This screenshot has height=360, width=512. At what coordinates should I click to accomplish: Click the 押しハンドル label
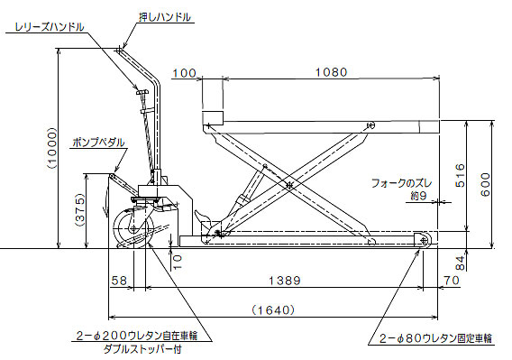pos(165,17)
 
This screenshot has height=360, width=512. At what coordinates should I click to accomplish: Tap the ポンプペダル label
pos(98,143)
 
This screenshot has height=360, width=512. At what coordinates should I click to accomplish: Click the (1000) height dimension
pos(52,148)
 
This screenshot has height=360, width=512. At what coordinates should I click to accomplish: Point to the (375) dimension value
pos(80,210)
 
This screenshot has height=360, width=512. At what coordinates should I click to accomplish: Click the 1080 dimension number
pos(331,72)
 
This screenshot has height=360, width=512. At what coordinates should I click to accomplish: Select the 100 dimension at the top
pos(184,73)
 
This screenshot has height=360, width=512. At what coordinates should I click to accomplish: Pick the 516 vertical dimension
pos(460,175)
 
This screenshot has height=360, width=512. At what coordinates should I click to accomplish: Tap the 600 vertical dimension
pos(486,185)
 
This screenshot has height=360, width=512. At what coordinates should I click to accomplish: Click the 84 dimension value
pos(460,263)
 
